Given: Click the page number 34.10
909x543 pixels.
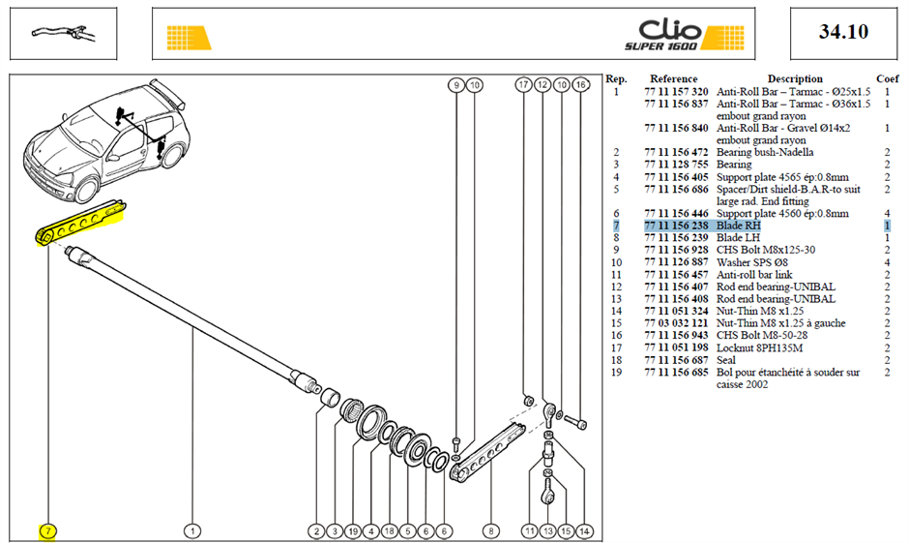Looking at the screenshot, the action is click(x=843, y=31).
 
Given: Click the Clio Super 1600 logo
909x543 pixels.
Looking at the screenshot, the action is click(x=684, y=35).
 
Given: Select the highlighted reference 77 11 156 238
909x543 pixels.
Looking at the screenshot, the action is click(x=676, y=226).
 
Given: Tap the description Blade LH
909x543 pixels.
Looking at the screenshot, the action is click(x=738, y=238).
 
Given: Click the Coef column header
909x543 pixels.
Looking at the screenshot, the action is click(x=887, y=79).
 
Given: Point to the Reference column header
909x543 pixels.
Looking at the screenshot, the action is click(x=674, y=79).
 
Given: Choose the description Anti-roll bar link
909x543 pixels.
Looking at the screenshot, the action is click(x=754, y=275).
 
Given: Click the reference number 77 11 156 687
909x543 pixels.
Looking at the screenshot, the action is click(x=676, y=360).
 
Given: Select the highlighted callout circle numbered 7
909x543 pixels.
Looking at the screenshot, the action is click(x=47, y=530).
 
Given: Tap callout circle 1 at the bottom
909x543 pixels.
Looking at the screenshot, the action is click(x=192, y=530).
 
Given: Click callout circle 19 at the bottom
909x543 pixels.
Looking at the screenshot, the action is click(x=353, y=530).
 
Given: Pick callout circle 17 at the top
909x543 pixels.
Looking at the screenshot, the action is click(x=523, y=85).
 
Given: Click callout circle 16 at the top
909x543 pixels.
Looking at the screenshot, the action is click(x=580, y=85).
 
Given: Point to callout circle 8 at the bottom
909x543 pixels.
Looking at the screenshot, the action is click(x=491, y=530).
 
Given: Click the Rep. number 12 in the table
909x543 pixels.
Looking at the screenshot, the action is click(x=616, y=287).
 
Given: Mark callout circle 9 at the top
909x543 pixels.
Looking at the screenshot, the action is click(x=456, y=85).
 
